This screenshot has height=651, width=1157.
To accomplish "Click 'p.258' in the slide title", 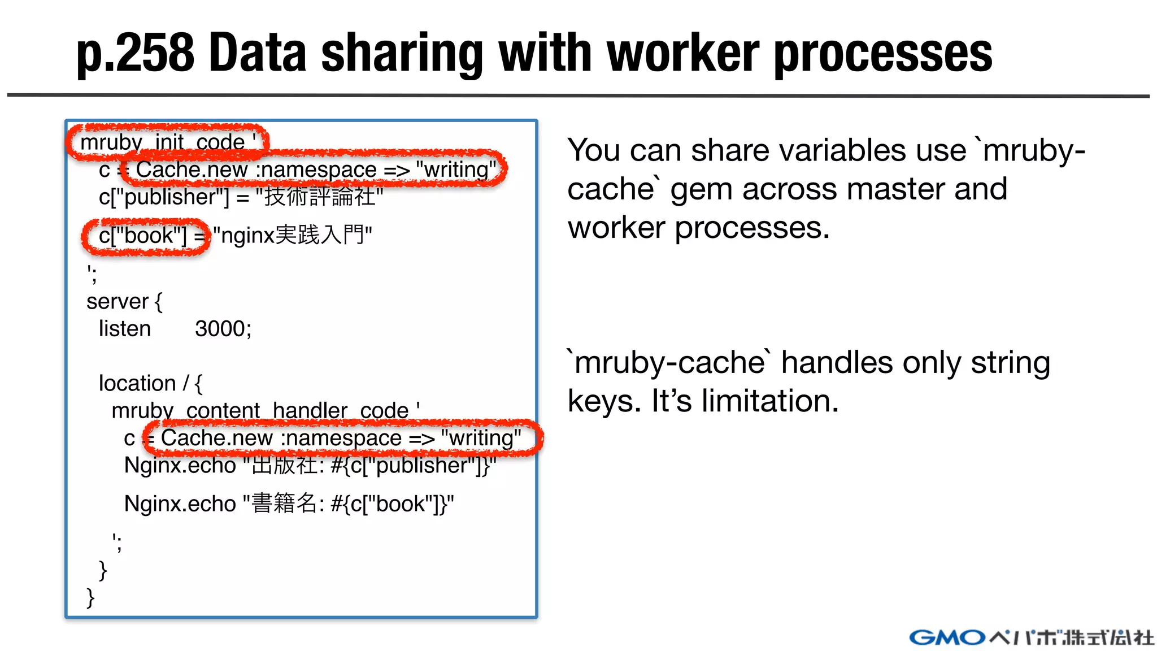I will pos(136,54).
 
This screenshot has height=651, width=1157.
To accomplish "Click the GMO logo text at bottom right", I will pos(947,637).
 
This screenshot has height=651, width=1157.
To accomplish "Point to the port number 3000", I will pos(223,328).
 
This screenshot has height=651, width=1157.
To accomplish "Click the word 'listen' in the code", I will pos(125,328).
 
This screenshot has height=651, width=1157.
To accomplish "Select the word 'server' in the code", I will pos(117,302).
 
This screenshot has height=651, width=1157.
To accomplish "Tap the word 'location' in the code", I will pos(137,383).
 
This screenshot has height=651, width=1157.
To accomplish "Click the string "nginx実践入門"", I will pos(293,235).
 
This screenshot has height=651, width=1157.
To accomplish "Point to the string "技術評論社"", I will pos(320,197).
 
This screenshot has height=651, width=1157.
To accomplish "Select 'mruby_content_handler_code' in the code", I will pos(260,410).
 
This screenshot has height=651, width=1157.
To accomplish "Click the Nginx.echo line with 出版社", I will pos(310,466).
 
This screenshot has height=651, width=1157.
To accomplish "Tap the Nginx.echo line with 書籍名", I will pos(289,504).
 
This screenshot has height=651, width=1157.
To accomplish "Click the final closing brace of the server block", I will pos(90,597).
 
